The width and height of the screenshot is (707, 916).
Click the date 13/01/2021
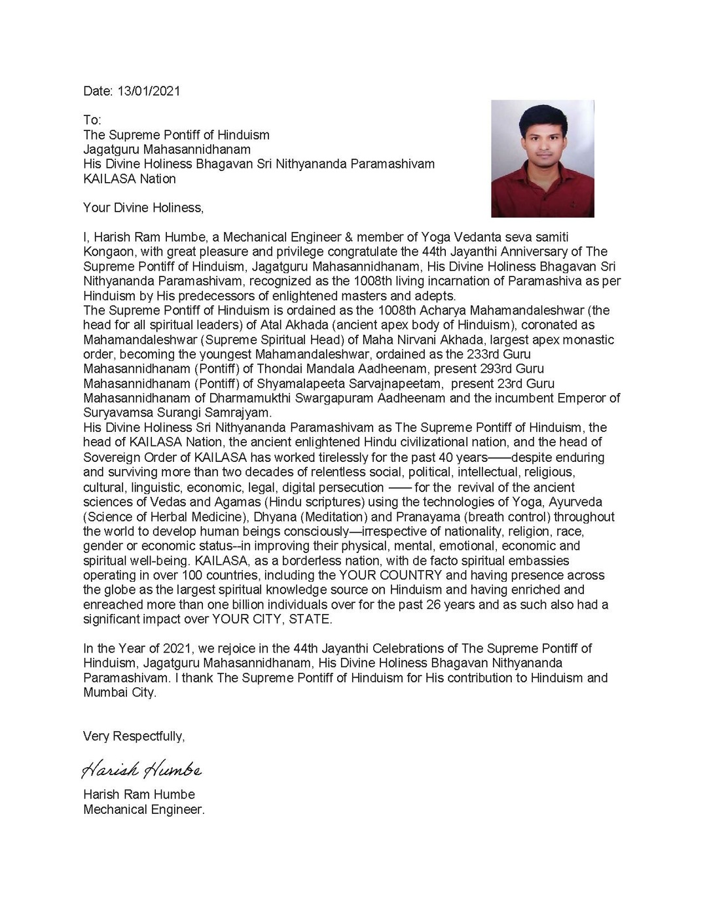coord(149,91)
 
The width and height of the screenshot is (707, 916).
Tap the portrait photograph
coord(543,159)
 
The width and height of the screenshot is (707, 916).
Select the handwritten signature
coord(141,769)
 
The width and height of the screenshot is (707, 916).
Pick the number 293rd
coord(520,369)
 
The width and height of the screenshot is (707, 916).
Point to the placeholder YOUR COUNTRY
coord(390,575)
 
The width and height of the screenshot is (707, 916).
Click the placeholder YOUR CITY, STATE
coord(272,619)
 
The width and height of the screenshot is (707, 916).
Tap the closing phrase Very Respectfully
coord(134,736)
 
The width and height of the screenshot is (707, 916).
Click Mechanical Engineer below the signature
coord(143,810)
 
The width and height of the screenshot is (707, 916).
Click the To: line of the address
coord(92,120)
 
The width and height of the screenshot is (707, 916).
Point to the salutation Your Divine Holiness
coord(143,208)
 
